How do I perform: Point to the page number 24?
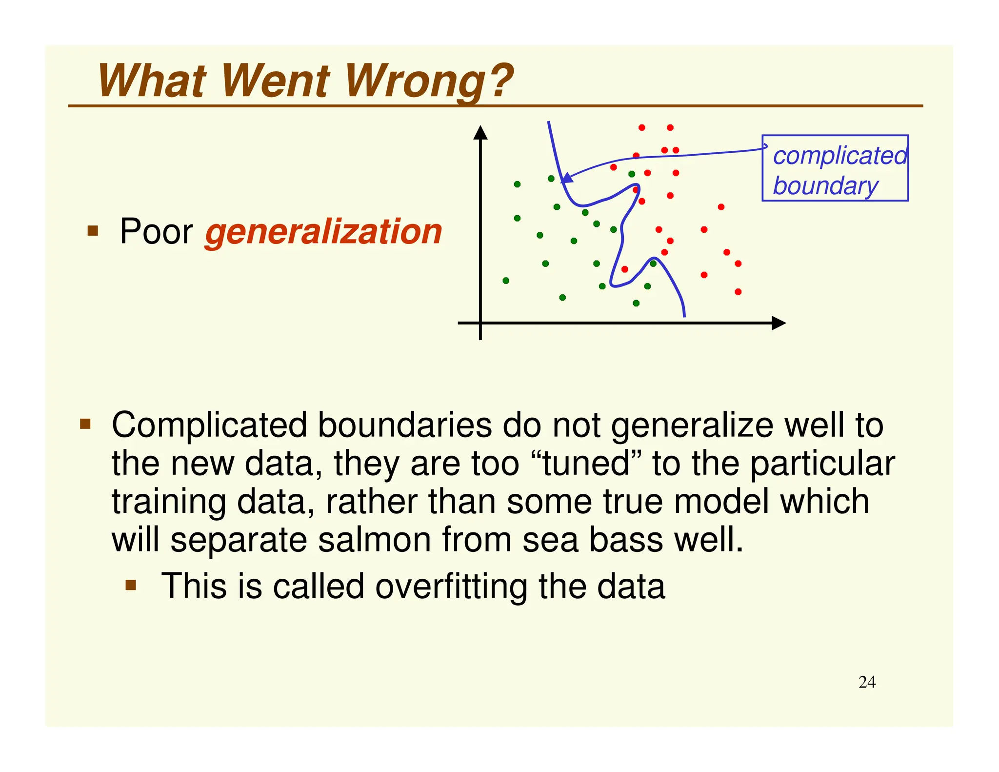tap(867, 682)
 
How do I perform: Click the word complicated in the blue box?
tap(840, 156)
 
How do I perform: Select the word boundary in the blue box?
tap(825, 186)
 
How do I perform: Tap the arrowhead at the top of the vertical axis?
tap(480, 132)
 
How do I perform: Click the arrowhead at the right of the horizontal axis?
tap(779, 323)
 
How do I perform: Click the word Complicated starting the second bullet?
tap(209, 425)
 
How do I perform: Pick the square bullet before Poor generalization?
tap(93, 230)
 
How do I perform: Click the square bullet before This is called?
tap(131, 585)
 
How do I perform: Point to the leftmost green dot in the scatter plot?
tap(506, 281)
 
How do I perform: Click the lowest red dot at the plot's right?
tap(738, 292)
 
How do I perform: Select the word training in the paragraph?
tap(169, 503)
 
